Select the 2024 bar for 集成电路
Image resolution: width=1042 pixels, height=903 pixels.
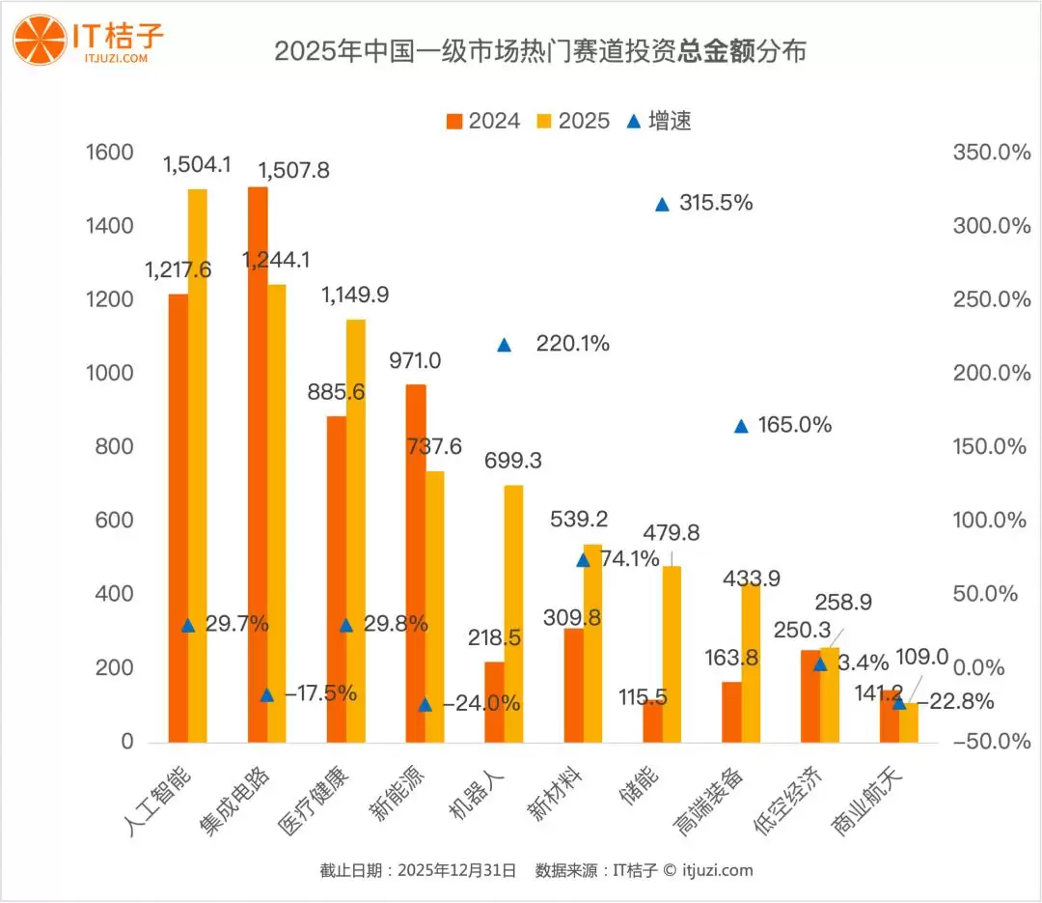click(x=258, y=464)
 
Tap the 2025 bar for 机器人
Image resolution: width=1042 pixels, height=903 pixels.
click(x=513, y=613)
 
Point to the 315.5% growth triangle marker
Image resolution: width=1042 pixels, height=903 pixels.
click(x=662, y=204)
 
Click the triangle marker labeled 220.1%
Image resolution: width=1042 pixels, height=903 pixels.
click(x=504, y=345)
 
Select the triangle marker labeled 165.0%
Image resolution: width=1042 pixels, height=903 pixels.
click(x=741, y=426)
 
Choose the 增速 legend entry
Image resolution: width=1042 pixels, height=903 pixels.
click(x=660, y=121)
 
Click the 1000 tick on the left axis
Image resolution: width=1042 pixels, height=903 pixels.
click(x=108, y=374)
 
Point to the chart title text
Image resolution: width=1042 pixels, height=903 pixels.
click(x=539, y=51)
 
